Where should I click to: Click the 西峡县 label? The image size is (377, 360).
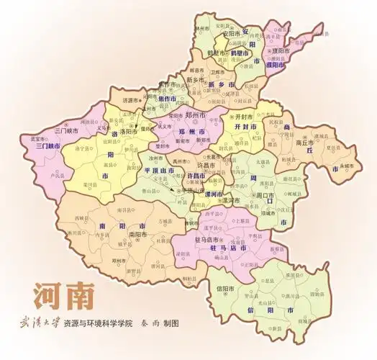click(83, 216)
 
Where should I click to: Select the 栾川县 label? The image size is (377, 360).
click(91, 184)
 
